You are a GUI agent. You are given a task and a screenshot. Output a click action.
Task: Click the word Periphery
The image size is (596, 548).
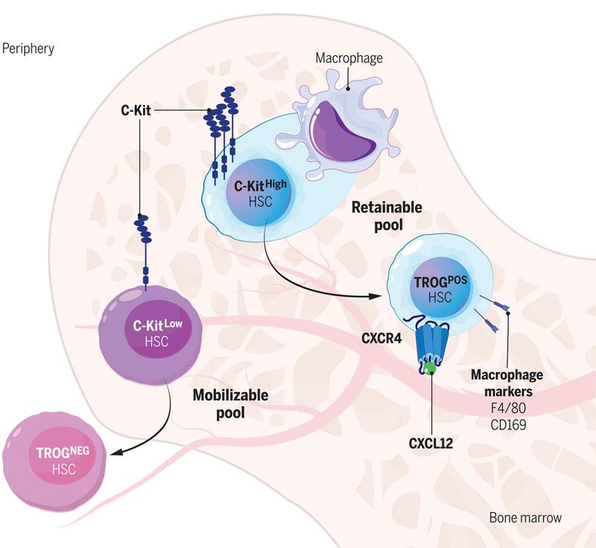click(x=28, y=48)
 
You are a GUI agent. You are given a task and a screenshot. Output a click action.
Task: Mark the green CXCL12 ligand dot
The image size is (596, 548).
click(x=430, y=368)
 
